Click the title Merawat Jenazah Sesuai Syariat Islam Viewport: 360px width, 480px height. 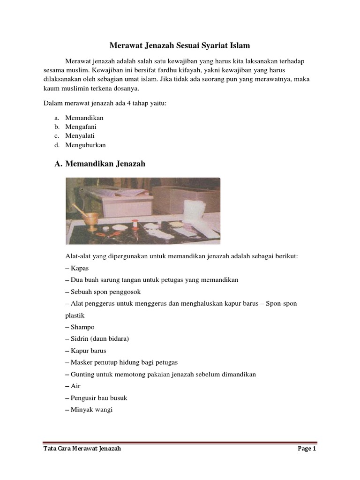180,45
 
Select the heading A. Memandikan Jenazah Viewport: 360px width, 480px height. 100,164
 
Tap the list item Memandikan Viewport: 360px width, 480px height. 84,118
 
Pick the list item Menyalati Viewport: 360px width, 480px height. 80,136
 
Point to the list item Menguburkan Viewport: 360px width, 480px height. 86,145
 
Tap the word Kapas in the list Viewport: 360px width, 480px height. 80,268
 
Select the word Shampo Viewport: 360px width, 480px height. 82,327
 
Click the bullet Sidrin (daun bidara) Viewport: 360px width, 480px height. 100,339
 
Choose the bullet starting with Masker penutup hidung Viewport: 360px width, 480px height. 124,362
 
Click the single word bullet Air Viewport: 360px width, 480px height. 76,386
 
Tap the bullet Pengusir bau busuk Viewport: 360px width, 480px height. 99,397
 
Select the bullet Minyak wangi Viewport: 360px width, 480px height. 92,409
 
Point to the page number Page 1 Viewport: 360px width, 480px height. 307,449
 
